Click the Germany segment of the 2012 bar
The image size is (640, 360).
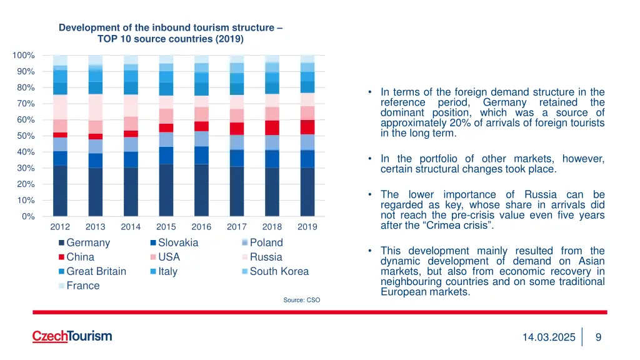pos(60,191)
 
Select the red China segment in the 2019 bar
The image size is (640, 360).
pos(307,127)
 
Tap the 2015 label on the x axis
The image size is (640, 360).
pos(166,227)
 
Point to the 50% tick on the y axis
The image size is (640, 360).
pos(25,136)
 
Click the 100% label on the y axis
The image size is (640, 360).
pos(23,56)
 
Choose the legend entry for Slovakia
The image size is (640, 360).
pos(178,242)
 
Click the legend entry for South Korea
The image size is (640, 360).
pos(279,271)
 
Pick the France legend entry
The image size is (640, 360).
pos(82,286)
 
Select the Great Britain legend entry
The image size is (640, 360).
pos(96,271)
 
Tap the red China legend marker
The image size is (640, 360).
pos(61,257)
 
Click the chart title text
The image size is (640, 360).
pos(170,33)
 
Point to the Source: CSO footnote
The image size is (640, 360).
pos(301,300)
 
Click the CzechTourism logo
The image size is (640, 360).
pos(72,336)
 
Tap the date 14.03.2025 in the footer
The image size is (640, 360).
pos(549,337)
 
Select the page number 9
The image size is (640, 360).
pos(598,337)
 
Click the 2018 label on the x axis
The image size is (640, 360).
pos(272,227)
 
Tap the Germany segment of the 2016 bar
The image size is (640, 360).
pos(201,190)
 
